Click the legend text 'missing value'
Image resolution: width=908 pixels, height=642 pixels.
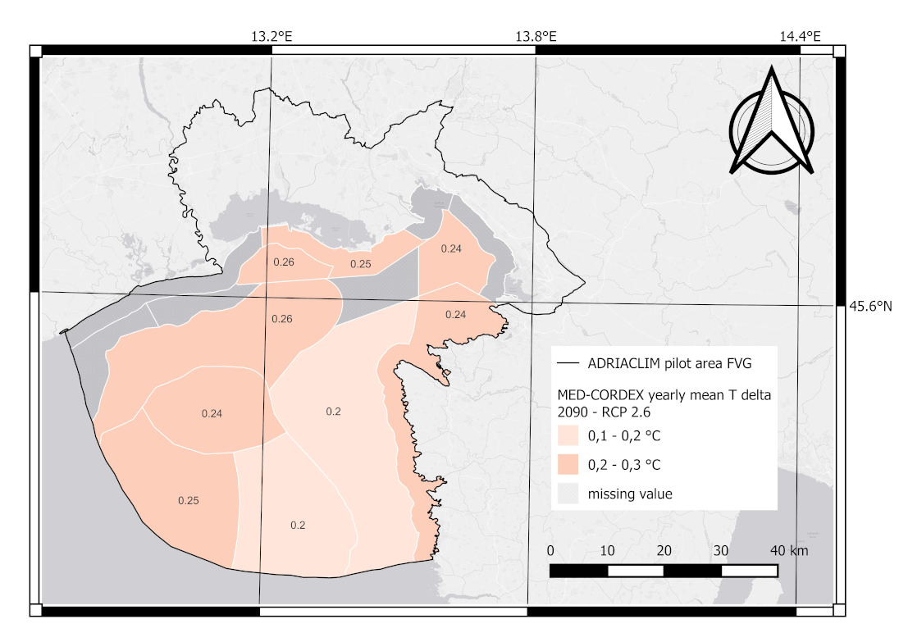(630, 494)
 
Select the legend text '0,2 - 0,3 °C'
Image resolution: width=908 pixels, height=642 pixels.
(625, 465)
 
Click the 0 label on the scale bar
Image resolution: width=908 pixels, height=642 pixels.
(550, 550)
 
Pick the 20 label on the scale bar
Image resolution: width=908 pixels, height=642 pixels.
(664, 550)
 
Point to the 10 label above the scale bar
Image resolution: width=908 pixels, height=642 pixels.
(608, 550)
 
